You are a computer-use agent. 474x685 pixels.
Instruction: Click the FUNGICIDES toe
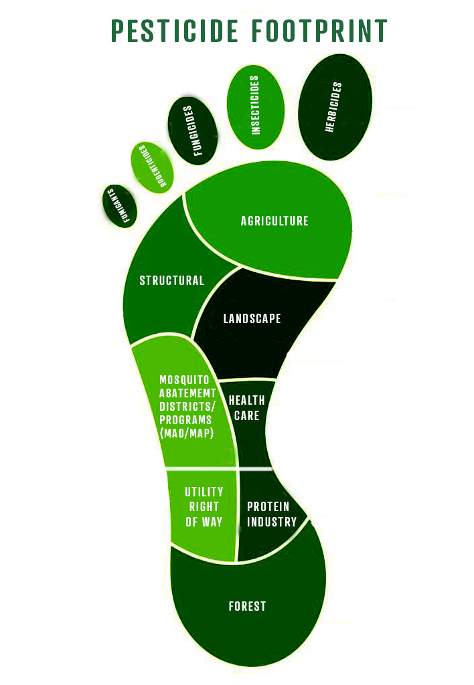point(192,130)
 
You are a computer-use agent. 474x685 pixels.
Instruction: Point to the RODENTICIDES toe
point(152,165)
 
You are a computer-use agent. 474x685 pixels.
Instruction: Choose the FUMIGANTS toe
point(121,205)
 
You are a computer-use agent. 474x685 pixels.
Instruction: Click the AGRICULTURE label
point(274,221)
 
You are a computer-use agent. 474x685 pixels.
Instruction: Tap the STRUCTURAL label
point(172,280)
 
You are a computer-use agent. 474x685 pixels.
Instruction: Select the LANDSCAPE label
point(252,318)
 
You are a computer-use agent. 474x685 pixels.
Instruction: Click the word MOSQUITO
point(185,379)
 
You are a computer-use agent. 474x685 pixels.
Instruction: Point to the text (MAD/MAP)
point(185,433)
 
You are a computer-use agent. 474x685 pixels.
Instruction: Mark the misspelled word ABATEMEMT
point(185,393)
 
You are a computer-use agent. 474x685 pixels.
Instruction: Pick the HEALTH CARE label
point(246,407)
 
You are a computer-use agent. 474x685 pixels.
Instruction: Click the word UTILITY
point(204,492)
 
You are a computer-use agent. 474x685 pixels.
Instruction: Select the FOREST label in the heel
point(247,606)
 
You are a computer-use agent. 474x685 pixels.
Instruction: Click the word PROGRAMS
point(185,419)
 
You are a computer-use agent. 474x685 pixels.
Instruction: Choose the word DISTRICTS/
point(185,406)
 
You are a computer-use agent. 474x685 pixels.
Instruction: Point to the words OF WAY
point(204,522)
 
